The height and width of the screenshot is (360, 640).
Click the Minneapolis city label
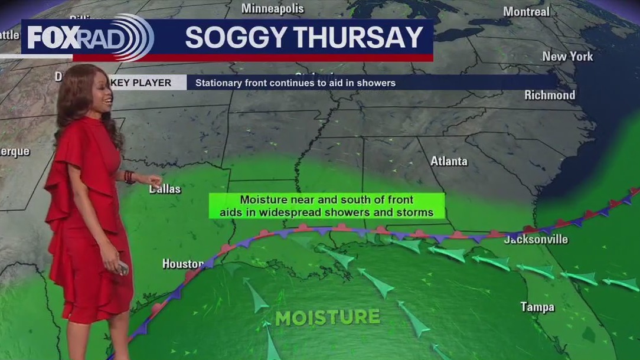point(273,9)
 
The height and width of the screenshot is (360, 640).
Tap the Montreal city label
point(526,12)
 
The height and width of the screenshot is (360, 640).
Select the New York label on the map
point(567,57)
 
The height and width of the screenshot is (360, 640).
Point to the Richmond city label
point(550,95)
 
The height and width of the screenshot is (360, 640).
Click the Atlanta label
point(449,161)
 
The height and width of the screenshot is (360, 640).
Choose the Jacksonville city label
point(535,240)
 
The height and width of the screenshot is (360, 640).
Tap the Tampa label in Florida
point(537,307)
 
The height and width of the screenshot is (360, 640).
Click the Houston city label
point(183,264)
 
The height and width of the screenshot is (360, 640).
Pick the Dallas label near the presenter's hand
point(165,189)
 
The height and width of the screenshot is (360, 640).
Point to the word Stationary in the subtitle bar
point(218,83)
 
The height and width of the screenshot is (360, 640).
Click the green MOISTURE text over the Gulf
point(328,318)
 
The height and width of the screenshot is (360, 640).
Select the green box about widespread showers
point(326,206)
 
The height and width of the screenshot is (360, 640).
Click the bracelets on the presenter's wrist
point(129,176)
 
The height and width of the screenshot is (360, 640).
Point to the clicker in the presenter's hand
point(123,269)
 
